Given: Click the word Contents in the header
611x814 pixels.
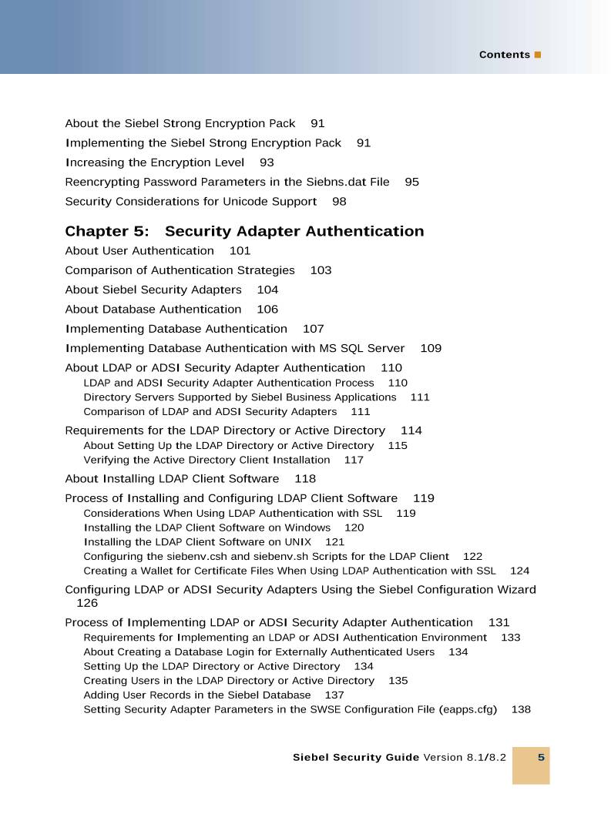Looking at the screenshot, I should pos(504,55).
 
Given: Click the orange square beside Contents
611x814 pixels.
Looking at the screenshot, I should pos(538,55).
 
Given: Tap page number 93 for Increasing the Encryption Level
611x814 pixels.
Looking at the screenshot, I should pos(267,162).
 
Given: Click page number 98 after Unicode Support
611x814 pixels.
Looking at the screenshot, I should pos(339,202).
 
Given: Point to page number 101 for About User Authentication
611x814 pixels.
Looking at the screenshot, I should pos(240,251).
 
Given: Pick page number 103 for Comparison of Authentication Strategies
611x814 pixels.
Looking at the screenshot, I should pos(321,270).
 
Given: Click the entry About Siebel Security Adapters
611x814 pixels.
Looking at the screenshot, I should pos(153,290).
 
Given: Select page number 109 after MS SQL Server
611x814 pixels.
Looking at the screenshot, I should pos(431,348).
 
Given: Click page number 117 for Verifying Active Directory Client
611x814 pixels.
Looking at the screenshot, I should pos(354,461).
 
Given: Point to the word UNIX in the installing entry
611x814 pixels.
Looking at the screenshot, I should pos(297,542).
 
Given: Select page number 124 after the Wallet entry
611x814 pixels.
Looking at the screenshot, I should pos(519,571).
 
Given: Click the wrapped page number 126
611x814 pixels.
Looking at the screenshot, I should pos(87,604).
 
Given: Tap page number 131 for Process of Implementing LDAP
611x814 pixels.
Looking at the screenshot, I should pos(499,623).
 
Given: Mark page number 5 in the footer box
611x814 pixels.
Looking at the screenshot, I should pos(541,758).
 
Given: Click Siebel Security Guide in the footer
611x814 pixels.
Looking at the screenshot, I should pos(356,758).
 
